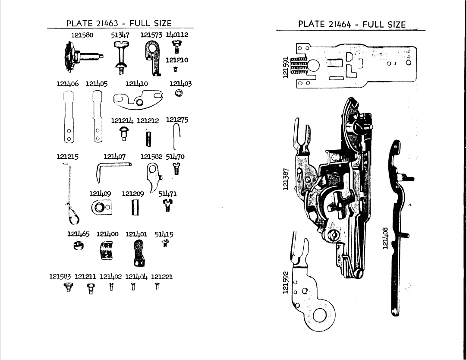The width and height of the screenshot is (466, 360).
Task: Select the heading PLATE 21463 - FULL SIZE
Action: click(x=119, y=23)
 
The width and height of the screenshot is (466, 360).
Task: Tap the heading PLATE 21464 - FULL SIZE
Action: click(x=352, y=24)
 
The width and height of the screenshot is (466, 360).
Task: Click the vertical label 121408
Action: click(x=385, y=238)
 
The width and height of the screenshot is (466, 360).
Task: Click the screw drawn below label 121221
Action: click(x=157, y=286)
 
